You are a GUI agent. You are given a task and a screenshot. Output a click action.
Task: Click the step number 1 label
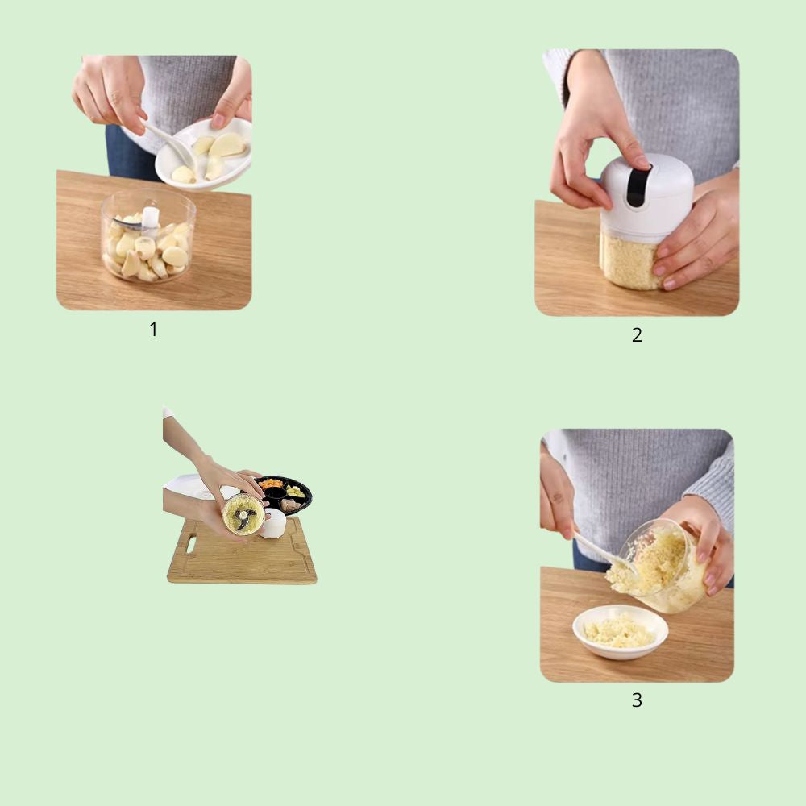(x=153, y=330)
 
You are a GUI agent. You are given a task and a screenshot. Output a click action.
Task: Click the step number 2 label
(x=637, y=335)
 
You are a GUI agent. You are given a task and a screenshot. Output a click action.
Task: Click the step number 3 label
(x=637, y=700)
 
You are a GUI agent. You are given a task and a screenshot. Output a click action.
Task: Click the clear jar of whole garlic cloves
(x=148, y=236)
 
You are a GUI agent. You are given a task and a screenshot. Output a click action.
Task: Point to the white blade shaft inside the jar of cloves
(x=150, y=218)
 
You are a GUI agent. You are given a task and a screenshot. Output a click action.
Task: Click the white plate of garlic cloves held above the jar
(x=204, y=153)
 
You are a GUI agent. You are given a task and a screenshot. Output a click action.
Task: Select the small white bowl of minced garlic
(x=620, y=632)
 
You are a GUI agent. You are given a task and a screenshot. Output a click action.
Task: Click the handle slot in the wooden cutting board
(x=191, y=544)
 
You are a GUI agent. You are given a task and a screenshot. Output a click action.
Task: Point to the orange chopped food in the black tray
(x=271, y=484)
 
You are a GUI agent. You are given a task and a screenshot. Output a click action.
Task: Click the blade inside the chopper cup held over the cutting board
(x=243, y=515)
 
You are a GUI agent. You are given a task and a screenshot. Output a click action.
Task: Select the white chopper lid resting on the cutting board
(x=272, y=523)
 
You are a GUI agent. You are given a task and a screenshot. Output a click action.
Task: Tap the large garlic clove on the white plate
(x=226, y=145)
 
